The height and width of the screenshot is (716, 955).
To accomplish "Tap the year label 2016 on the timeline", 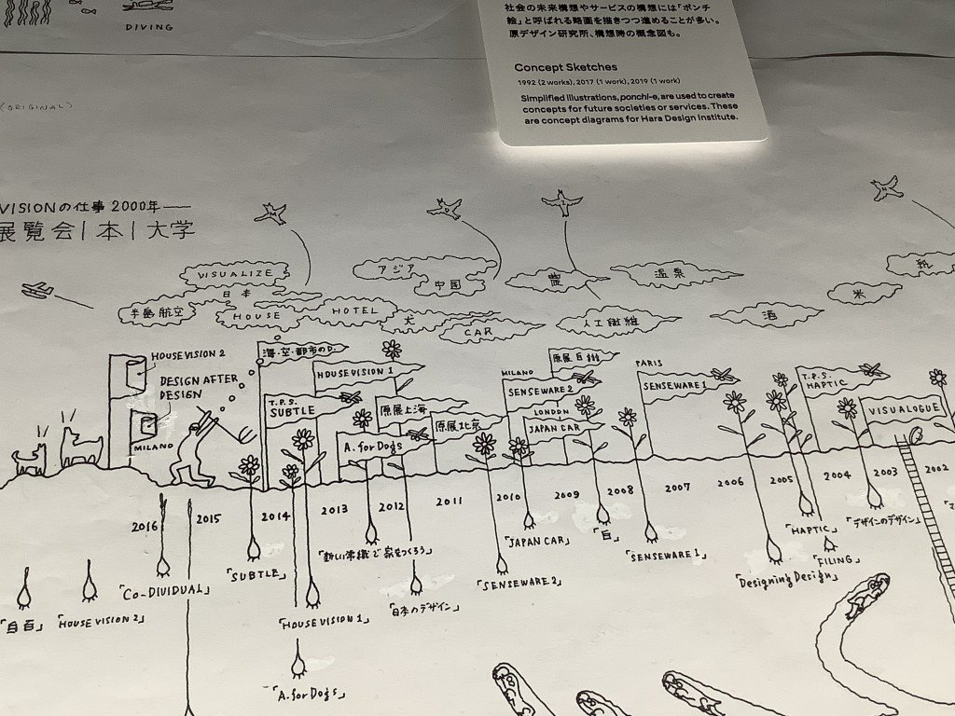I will [145, 527].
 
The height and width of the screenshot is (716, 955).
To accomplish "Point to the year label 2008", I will [620, 490].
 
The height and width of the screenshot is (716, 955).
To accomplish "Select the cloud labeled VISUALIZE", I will [235, 273].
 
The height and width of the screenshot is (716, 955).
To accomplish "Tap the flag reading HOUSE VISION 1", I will [354, 372].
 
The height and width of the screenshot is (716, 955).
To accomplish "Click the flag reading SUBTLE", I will [292, 410].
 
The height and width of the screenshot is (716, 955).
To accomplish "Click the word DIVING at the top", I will [149, 27].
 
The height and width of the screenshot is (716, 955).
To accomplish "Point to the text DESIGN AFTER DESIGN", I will [194, 387].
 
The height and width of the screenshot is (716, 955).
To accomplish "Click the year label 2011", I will [449, 502].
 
